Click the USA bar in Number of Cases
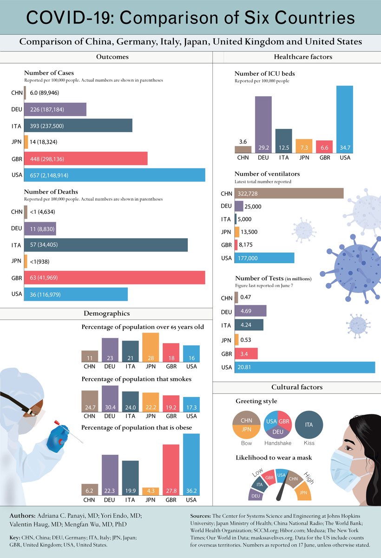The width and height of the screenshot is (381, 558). click(114, 175)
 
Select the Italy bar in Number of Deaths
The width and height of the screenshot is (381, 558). click(106, 245)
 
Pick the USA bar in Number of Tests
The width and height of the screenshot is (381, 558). click(305, 368)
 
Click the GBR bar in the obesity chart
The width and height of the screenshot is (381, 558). click(171, 470)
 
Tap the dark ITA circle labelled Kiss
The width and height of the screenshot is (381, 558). click(309, 425)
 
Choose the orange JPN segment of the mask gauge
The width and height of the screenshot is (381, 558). click(303, 492)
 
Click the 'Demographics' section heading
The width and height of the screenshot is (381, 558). click(106, 313)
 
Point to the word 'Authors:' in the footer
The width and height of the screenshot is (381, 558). click(22, 516)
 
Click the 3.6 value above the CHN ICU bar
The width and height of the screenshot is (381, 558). click(243, 141)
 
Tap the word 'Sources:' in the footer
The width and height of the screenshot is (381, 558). click(200, 516)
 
